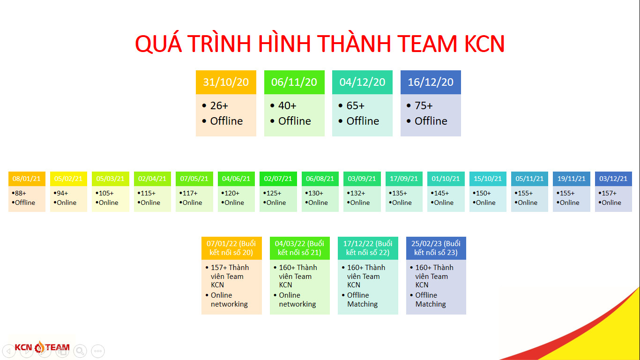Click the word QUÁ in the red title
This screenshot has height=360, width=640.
coord(158,43)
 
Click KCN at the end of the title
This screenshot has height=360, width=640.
coord(484,44)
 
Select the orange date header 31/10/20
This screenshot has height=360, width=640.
coord(226,82)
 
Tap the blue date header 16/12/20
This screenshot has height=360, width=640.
coord(431,82)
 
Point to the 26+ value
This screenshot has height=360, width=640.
coord(219,105)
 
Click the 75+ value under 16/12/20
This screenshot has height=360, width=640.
coord(424,105)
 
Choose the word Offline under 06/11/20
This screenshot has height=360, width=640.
coord(295,121)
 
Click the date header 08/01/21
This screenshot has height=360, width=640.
coord(27,179)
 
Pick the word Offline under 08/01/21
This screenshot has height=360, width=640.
coord(25,202)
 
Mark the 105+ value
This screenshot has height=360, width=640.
coord(106,193)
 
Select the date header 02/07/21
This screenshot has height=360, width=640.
coord(278,179)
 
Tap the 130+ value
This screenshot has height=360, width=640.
coord(316,193)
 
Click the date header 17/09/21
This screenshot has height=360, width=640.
coord(404,179)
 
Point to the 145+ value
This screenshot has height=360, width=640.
coord(442,193)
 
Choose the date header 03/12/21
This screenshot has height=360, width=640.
coord(613,179)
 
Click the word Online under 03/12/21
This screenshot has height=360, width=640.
coord(611,202)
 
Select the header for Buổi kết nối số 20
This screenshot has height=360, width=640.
coord(231,248)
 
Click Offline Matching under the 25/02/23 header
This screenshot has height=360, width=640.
coord(431,300)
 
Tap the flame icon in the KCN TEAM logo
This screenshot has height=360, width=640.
coord(39,347)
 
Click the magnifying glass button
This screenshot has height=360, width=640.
coord(80,351)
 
